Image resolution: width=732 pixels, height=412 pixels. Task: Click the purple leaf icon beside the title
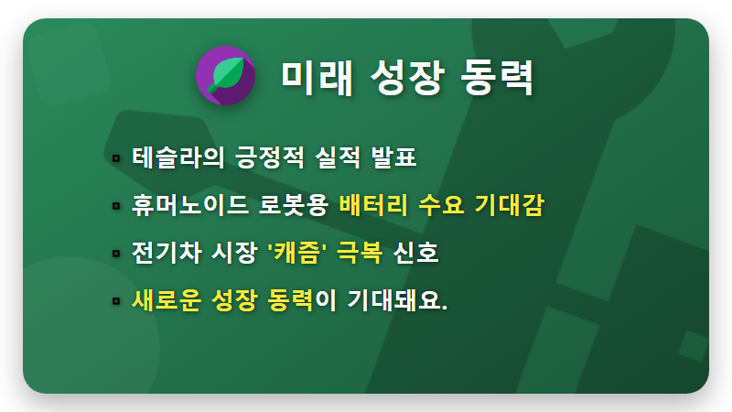click(224, 75)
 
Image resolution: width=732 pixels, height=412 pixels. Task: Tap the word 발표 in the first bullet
click(394, 157)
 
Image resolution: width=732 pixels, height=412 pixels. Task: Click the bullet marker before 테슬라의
click(116, 158)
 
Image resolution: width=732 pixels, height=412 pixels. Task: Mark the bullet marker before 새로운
click(116, 300)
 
